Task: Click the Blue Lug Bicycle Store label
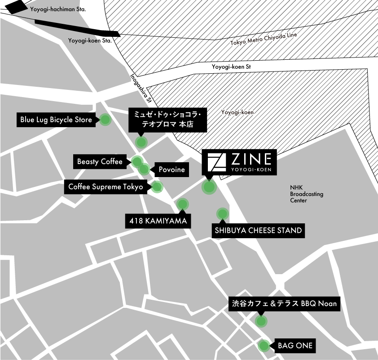(x=56, y=120)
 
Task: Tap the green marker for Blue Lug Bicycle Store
(x=105, y=120)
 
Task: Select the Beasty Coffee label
(x=100, y=162)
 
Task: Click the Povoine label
(x=171, y=170)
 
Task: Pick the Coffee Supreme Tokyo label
(x=105, y=187)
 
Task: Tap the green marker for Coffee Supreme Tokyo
(x=158, y=187)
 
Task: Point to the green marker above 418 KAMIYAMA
(x=182, y=204)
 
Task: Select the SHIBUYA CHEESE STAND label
(x=258, y=231)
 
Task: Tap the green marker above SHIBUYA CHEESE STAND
(x=223, y=213)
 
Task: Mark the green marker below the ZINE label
(x=209, y=187)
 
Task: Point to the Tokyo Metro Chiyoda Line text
(x=264, y=39)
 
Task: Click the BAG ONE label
(x=294, y=346)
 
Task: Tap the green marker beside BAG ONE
(x=264, y=346)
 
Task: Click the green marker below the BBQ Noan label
(x=261, y=321)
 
